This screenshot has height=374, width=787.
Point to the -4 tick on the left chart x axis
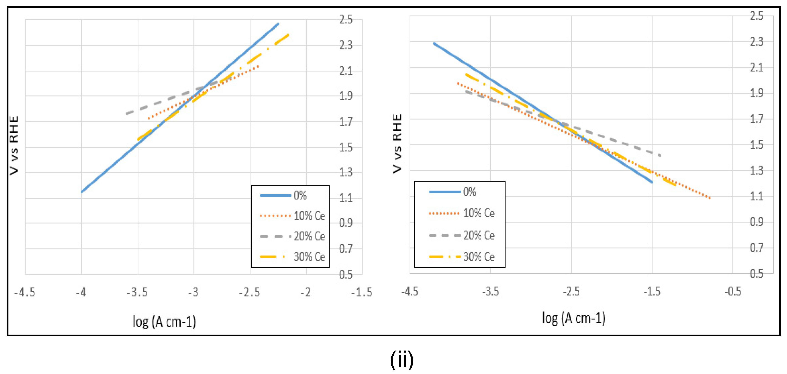pyautogui.click(x=81, y=292)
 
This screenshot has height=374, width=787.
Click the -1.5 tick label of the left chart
pyautogui.click(x=362, y=292)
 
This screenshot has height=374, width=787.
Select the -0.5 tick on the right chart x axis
pyautogui.click(x=733, y=291)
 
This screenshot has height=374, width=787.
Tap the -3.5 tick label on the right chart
pyautogui.click(x=490, y=291)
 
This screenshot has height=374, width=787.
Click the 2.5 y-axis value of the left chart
pyautogui.click(x=346, y=20)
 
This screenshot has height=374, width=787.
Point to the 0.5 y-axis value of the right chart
pyautogui.click(x=756, y=273)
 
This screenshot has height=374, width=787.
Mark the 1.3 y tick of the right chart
pyautogui.click(x=756, y=170)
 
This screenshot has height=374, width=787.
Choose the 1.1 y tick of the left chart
pyautogui.click(x=346, y=198)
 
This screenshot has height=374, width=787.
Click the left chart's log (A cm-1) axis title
pyautogui.click(x=164, y=321)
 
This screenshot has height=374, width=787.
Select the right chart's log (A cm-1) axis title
pyautogui.click(x=573, y=318)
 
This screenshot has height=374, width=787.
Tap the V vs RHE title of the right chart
pyautogui.click(x=397, y=143)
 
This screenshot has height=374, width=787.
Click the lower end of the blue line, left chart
pyautogui.click(x=82, y=192)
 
